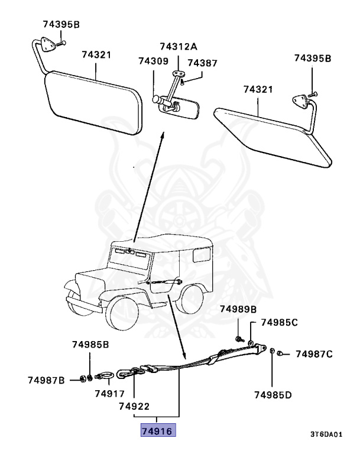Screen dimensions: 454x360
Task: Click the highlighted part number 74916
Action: tap(158, 432)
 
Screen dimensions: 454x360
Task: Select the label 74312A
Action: tap(178, 47)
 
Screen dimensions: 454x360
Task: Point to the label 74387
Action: tap(202, 63)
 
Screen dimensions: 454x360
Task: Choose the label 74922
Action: tap(134, 407)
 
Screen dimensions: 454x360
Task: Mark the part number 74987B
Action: tap(46, 380)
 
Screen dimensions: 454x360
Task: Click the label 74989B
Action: tap(238, 309)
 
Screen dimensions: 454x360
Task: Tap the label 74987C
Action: tap(314, 355)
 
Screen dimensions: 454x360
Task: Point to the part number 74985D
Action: tap(274, 394)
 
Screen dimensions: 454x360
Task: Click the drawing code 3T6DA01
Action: tap(326, 434)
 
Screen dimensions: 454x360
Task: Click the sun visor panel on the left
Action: tap(95, 100)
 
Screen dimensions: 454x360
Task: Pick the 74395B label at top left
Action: tap(61, 24)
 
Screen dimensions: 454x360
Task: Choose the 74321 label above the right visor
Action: tap(258, 89)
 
